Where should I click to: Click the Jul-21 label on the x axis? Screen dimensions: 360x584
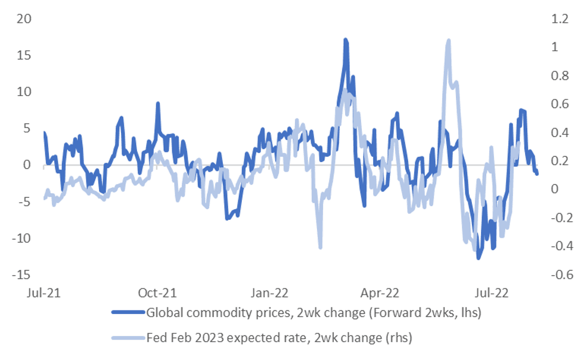tap(44, 293)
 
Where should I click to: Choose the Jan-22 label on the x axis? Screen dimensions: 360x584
tap(269, 293)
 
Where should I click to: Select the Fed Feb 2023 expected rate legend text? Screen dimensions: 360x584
tap(279, 338)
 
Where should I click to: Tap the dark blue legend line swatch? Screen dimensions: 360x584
tap(128, 312)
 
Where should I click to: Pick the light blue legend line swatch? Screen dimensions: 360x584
tap(128, 338)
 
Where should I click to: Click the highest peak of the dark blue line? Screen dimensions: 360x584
tap(346, 40)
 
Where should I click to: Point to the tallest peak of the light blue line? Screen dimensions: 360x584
tap(448, 40)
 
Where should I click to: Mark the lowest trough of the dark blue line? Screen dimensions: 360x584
tap(479, 257)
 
